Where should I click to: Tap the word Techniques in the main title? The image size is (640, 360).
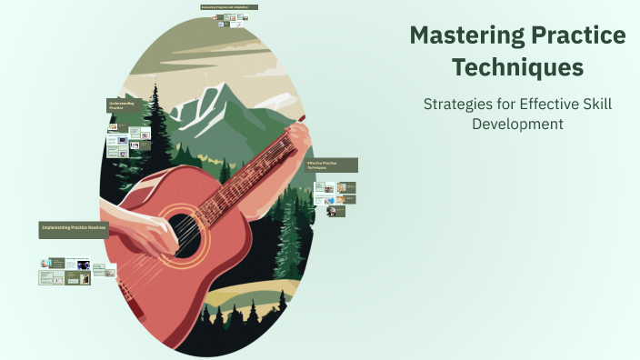[518, 66]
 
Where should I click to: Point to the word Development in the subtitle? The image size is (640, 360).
[518, 123]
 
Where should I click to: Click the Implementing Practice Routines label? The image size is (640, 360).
[74, 230]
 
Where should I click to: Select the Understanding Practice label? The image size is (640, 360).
[123, 105]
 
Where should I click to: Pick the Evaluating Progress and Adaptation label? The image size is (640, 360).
[229, 7]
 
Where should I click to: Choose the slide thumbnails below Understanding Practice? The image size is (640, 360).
[128, 141]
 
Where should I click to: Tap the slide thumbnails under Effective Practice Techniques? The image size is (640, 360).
[335, 197]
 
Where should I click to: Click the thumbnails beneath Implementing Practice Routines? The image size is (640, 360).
[77, 271]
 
